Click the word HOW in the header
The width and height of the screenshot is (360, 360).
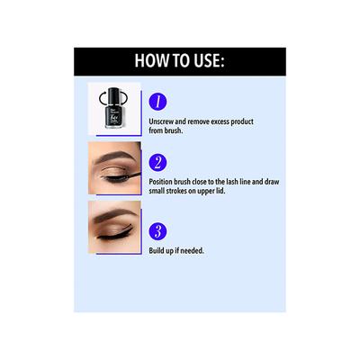(153, 61)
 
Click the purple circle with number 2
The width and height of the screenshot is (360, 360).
(159, 162)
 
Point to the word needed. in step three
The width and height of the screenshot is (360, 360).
(190, 250)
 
